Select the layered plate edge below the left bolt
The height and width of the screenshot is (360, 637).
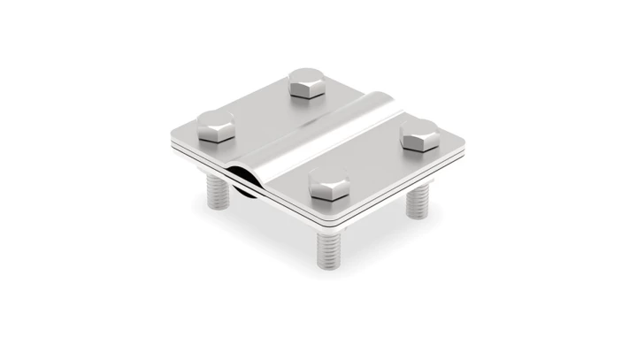point(199,158)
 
